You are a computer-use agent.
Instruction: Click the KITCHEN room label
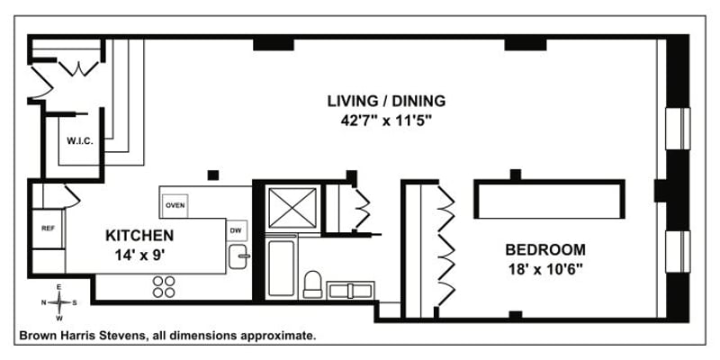click(139, 236)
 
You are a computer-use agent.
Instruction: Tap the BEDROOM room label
click(545, 250)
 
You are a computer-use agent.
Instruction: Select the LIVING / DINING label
click(386, 101)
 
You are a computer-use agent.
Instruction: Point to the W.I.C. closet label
click(80, 141)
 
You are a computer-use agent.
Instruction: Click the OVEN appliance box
click(175, 205)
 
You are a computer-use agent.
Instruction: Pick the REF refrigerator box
click(48, 229)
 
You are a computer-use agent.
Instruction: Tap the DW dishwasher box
click(236, 230)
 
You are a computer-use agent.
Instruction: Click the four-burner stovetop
click(164, 286)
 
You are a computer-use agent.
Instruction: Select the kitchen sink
click(238, 256)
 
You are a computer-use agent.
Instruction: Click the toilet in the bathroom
click(312, 284)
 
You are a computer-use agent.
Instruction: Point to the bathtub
click(281, 267)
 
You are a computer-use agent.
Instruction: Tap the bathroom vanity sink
click(350, 291)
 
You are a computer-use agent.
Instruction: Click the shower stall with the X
click(292, 208)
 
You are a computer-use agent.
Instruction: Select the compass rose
click(59, 302)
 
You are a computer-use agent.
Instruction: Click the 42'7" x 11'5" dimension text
click(386, 121)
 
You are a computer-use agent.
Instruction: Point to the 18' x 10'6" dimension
click(544, 269)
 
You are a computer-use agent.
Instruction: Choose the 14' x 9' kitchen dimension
click(139, 254)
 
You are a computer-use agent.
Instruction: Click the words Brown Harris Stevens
click(83, 336)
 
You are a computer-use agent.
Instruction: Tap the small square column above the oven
click(213, 175)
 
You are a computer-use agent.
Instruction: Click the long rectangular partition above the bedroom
click(550, 199)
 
